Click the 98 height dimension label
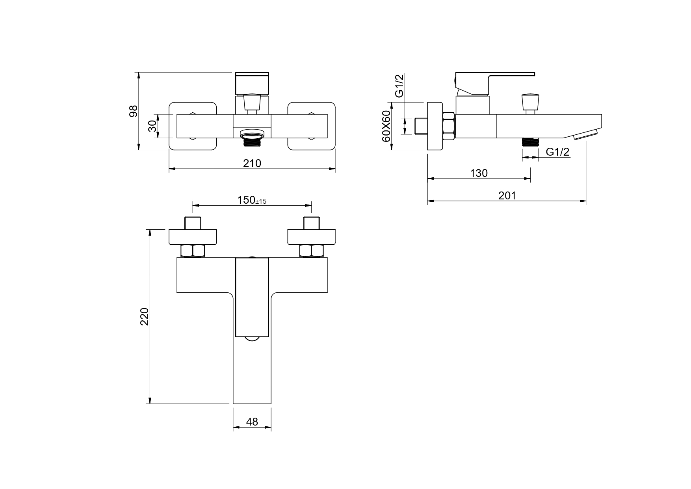click(x=134, y=111)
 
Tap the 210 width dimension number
click(x=252, y=163)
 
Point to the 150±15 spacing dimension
click(x=252, y=200)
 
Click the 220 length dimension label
click(x=145, y=316)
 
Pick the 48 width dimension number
click(x=252, y=422)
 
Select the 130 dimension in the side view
click(x=479, y=173)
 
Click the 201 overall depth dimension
click(x=507, y=195)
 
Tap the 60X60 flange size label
click(x=386, y=126)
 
